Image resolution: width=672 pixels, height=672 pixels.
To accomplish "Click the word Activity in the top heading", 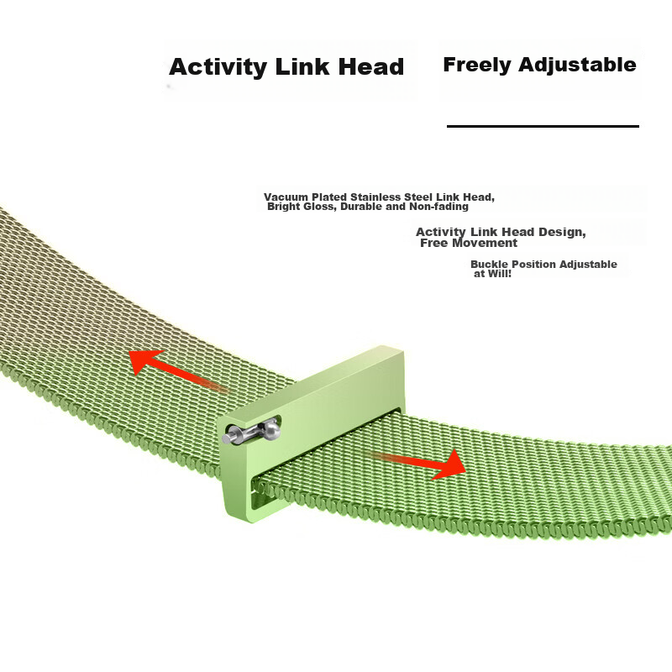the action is (x=218, y=68).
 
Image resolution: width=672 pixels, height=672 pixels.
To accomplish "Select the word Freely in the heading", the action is (x=477, y=66).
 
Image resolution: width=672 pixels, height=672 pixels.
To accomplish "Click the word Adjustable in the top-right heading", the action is (x=577, y=66).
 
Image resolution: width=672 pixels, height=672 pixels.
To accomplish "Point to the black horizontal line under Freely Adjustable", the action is (x=543, y=127).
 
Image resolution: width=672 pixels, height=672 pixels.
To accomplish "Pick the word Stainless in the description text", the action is (x=382, y=197).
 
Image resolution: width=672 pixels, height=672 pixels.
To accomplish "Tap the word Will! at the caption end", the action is (x=499, y=274).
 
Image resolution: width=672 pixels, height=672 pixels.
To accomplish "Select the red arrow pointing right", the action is (x=417, y=463).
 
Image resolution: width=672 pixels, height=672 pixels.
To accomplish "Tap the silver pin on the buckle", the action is (x=251, y=432).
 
